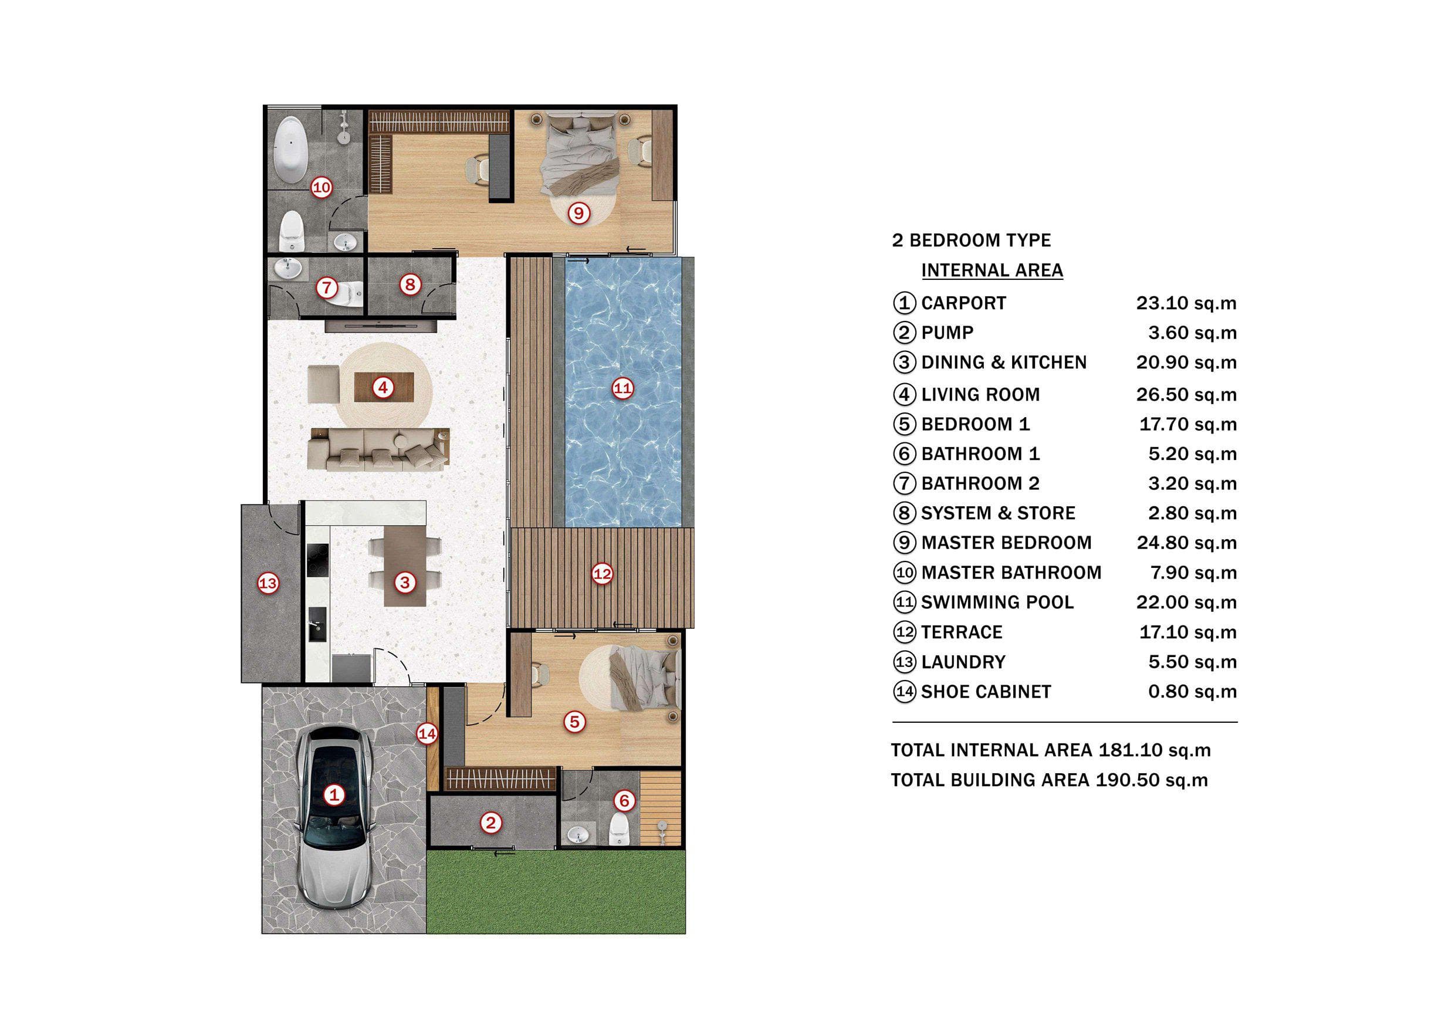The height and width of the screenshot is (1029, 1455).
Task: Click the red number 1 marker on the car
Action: (x=334, y=794)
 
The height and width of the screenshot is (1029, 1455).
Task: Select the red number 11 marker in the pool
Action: (x=622, y=388)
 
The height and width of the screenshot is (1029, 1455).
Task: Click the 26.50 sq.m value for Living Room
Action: (x=1186, y=394)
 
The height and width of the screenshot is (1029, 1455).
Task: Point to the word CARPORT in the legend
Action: (x=963, y=303)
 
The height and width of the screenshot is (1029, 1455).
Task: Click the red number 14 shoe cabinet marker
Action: (x=427, y=734)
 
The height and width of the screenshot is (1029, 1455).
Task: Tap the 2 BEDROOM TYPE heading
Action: (x=971, y=240)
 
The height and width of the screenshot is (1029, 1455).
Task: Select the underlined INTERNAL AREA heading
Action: (x=992, y=270)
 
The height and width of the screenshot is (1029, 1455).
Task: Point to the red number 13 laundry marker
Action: (x=268, y=583)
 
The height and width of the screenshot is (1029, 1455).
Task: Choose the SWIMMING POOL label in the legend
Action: (x=997, y=602)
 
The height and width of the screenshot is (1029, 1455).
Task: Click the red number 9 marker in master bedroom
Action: (x=578, y=213)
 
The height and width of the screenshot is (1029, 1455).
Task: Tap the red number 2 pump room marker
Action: (x=490, y=823)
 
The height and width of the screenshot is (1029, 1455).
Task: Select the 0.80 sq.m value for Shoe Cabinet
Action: (x=1192, y=691)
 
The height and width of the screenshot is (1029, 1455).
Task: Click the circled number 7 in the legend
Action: (x=904, y=483)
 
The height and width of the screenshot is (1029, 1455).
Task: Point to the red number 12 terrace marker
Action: (x=602, y=574)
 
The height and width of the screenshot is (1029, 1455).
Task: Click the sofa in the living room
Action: (x=379, y=449)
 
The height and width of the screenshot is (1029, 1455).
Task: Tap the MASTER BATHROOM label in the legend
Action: (x=1011, y=573)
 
